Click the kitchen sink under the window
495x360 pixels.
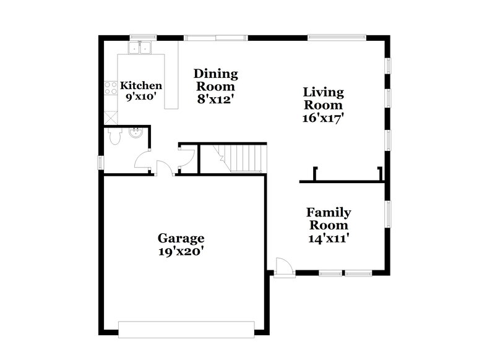point(141,48)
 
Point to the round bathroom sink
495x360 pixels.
point(136,132)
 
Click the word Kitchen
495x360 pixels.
point(141,86)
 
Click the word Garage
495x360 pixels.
point(181,238)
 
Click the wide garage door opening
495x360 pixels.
point(186,329)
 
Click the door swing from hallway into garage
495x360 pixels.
point(164,168)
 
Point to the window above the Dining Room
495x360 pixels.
point(216,38)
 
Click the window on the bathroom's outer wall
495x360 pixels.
point(101,162)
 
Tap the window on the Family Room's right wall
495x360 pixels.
point(388,214)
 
